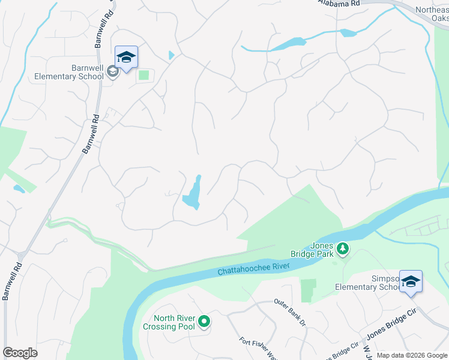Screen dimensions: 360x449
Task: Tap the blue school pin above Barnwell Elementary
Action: point(126,58)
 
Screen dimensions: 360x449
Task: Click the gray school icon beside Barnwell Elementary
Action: point(112,72)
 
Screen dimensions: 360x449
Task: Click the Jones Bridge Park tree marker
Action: point(343,248)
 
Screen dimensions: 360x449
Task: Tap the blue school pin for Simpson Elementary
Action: point(411,282)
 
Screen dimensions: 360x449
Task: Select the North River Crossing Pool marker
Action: point(205,322)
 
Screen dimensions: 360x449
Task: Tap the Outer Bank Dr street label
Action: point(291,313)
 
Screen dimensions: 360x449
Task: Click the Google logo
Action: point(20,353)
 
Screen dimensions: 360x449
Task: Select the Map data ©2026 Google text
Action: point(412,355)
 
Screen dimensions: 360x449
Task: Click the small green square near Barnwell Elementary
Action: point(143,75)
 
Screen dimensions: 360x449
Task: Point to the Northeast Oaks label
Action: point(433,14)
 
